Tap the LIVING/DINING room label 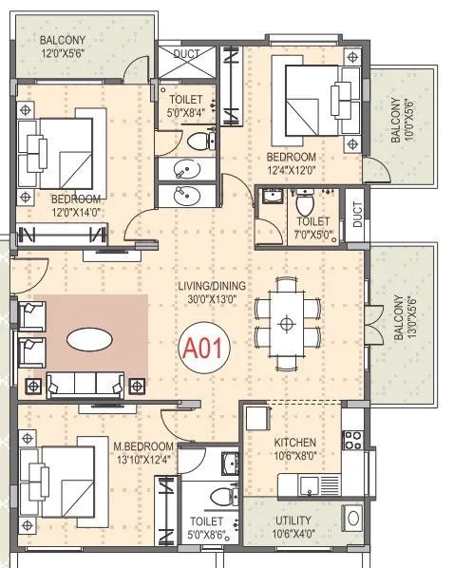click(x=212, y=286)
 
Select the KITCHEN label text click(x=295, y=444)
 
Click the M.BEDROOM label click(x=143, y=446)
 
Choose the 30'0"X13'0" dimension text click(x=212, y=299)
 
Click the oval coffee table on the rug click(x=92, y=338)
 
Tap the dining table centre click(x=285, y=324)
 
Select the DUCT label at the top click(x=188, y=54)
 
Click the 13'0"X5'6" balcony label click(x=404, y=324)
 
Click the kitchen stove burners click(x=351, y=440)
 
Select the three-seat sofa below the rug click(x=85, y=384)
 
